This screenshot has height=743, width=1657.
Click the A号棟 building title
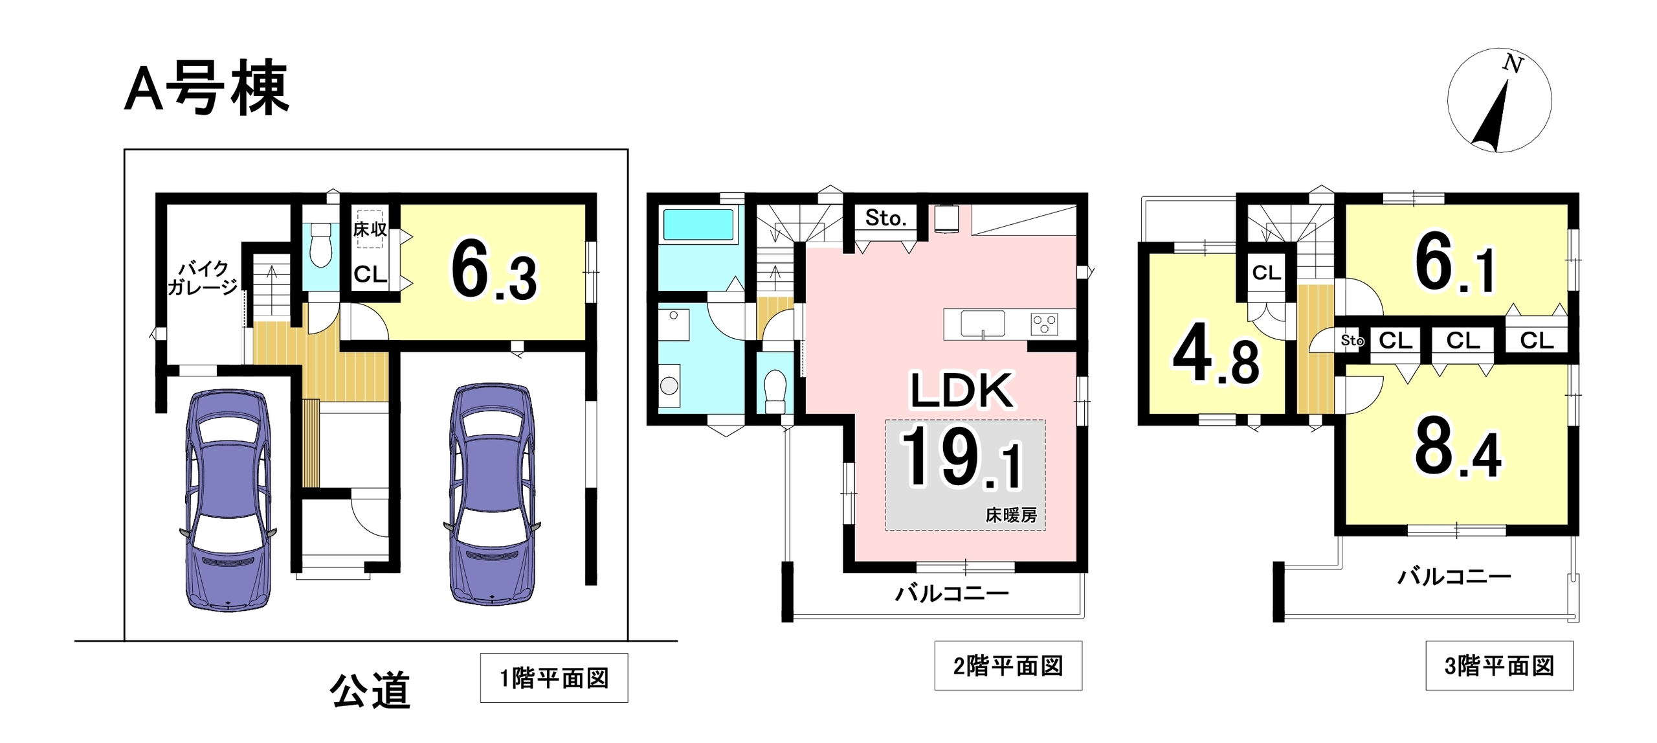coord(206,87)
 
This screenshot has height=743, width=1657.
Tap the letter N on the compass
coord(1513,63)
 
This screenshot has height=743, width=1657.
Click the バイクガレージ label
coord(203,278)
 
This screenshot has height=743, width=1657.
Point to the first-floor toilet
coord(320,244)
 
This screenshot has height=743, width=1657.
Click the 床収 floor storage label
coord(370,229)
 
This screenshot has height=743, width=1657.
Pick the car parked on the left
coord(228,499)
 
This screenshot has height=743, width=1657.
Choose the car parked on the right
coord(492,494)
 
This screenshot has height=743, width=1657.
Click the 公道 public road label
coord(370,690)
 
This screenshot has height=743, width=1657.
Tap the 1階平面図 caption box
coord(554,678)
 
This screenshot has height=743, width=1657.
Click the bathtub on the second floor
coord(698,225)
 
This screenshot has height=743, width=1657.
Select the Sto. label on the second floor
coord(885,218)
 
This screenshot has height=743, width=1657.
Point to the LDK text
coord(962,390)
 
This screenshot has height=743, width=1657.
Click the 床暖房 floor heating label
coord(1011,515)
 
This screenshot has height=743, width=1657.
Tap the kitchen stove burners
coord(1044,324)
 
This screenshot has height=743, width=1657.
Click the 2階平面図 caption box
coord(1008,665)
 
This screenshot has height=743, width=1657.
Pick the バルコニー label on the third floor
coord(1454,576)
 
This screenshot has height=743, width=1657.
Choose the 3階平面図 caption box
coord(1499,665)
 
